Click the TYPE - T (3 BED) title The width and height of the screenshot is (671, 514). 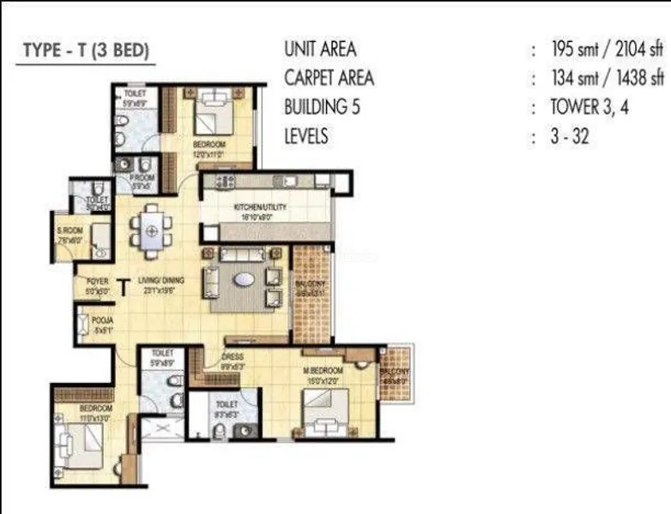(x=85, y=51)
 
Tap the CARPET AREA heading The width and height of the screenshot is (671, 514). (x=329, y=78)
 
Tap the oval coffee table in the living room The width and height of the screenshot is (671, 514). (x=244, y=279)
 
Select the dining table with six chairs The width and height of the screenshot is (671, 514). (x=151, y=230)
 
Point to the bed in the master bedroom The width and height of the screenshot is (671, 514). (x=324, y=410)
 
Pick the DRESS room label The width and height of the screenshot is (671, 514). (x=233, y=356)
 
